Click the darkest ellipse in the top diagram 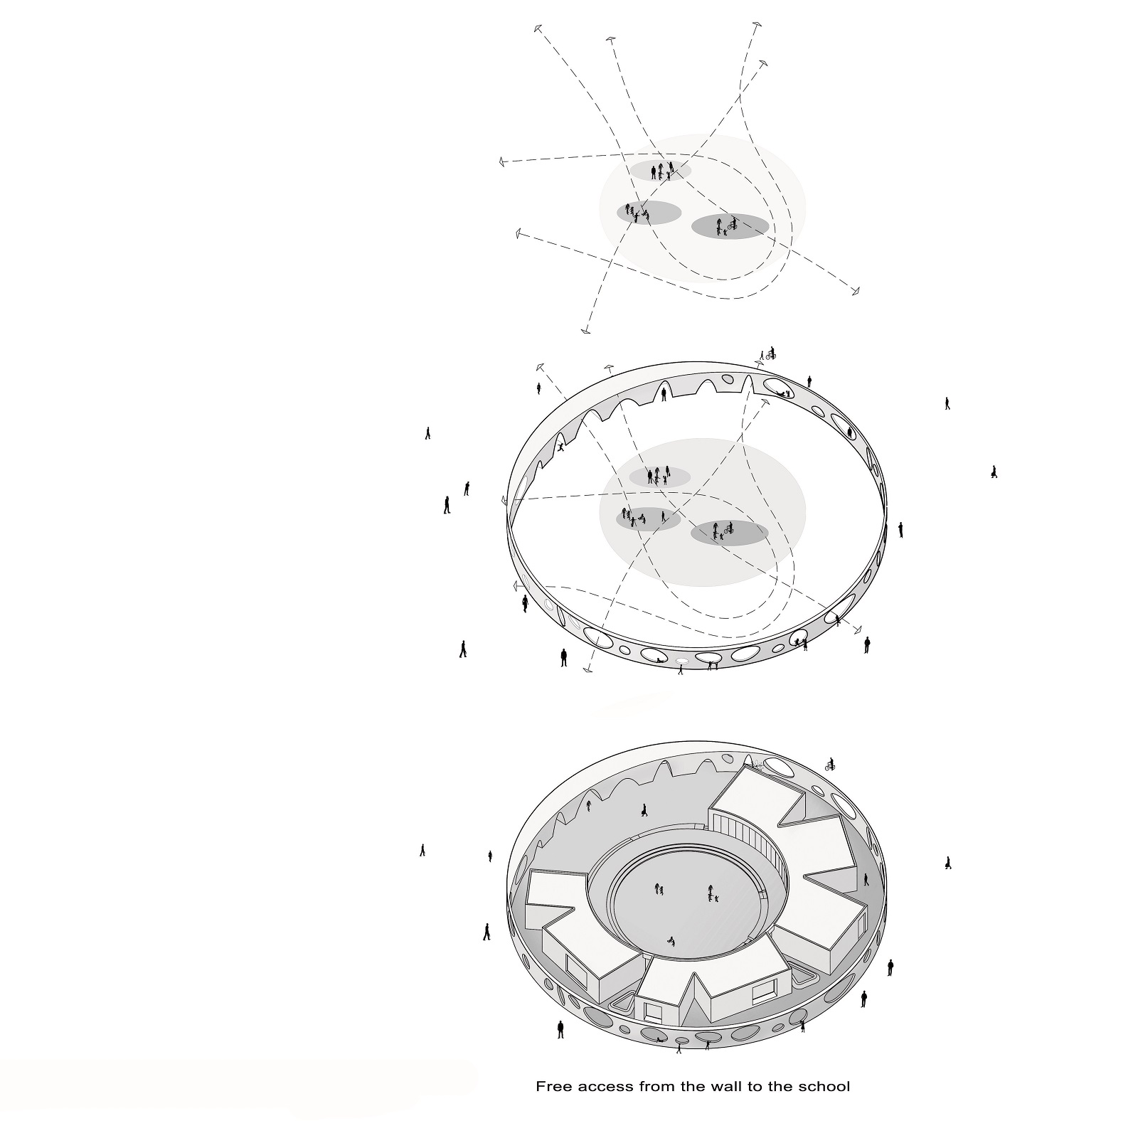(730, 225)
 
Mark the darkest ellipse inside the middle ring (730, 533)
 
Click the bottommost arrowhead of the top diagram (585, 329)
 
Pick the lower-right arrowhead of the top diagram (856, 290)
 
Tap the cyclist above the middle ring (771, 353)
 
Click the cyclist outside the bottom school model (829, 765)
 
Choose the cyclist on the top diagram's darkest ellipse (732, 224)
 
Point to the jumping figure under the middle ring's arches (561, 447)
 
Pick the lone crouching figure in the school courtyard (670, 942)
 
